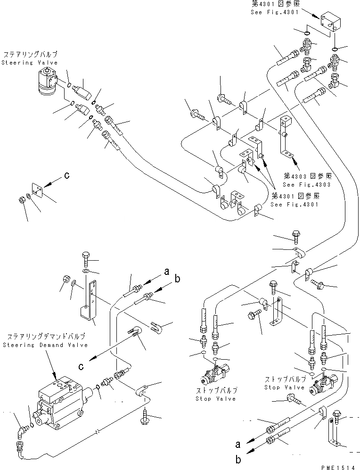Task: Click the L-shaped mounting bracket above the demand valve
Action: tap(90, 302)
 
